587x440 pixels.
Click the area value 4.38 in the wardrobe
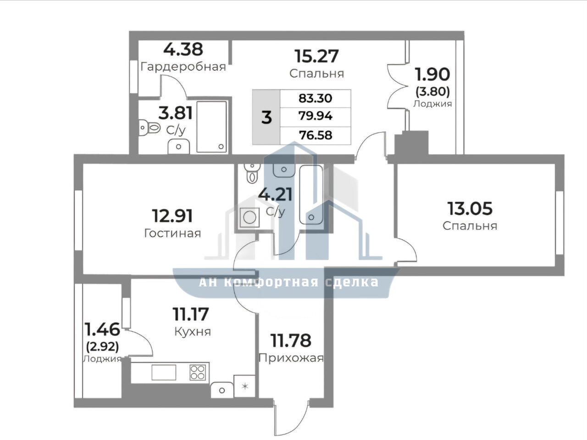tap(183, 50)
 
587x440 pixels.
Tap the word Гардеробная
tap(183, 67)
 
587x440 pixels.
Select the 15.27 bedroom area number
tap(316, 56)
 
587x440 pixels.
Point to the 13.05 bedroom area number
tap(470, 209)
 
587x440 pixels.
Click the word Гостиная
tap(172, 233)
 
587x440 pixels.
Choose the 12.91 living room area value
tap(172, 216)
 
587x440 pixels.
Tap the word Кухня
tap(193, 332)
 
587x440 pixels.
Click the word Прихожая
tap(291, 358)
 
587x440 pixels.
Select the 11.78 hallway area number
tap(291, 340)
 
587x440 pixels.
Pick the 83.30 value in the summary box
tap(316, 99)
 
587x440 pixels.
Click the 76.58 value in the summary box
tap(316, 135)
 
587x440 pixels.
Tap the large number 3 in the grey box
tap(266, 117)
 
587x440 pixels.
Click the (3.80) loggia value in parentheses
tap(432, 92)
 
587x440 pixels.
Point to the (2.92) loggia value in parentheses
tap(102, 347)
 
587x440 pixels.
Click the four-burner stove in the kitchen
tap(198, 373)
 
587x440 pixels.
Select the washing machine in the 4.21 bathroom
tap(249, 217)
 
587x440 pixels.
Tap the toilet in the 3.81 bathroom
tap(150, 128)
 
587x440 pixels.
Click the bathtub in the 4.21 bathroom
tap(311, 195)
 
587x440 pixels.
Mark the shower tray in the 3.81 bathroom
tap(211, 127)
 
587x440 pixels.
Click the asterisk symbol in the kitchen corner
tap(245, 386)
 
